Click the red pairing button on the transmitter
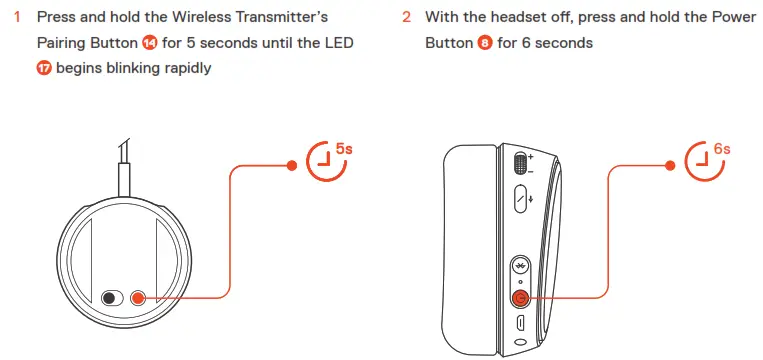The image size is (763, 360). (x=137, y=297)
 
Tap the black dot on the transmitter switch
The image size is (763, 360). (x=109, y=297)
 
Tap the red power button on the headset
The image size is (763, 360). (x=520, y=297)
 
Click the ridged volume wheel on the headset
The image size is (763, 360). (x=519, y=163)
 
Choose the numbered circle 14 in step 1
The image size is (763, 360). (x=150, y=44)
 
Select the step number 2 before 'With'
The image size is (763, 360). (x=406, y=18)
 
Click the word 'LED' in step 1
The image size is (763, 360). (x=336, y=44)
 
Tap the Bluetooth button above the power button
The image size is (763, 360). (x=520, y=266)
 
